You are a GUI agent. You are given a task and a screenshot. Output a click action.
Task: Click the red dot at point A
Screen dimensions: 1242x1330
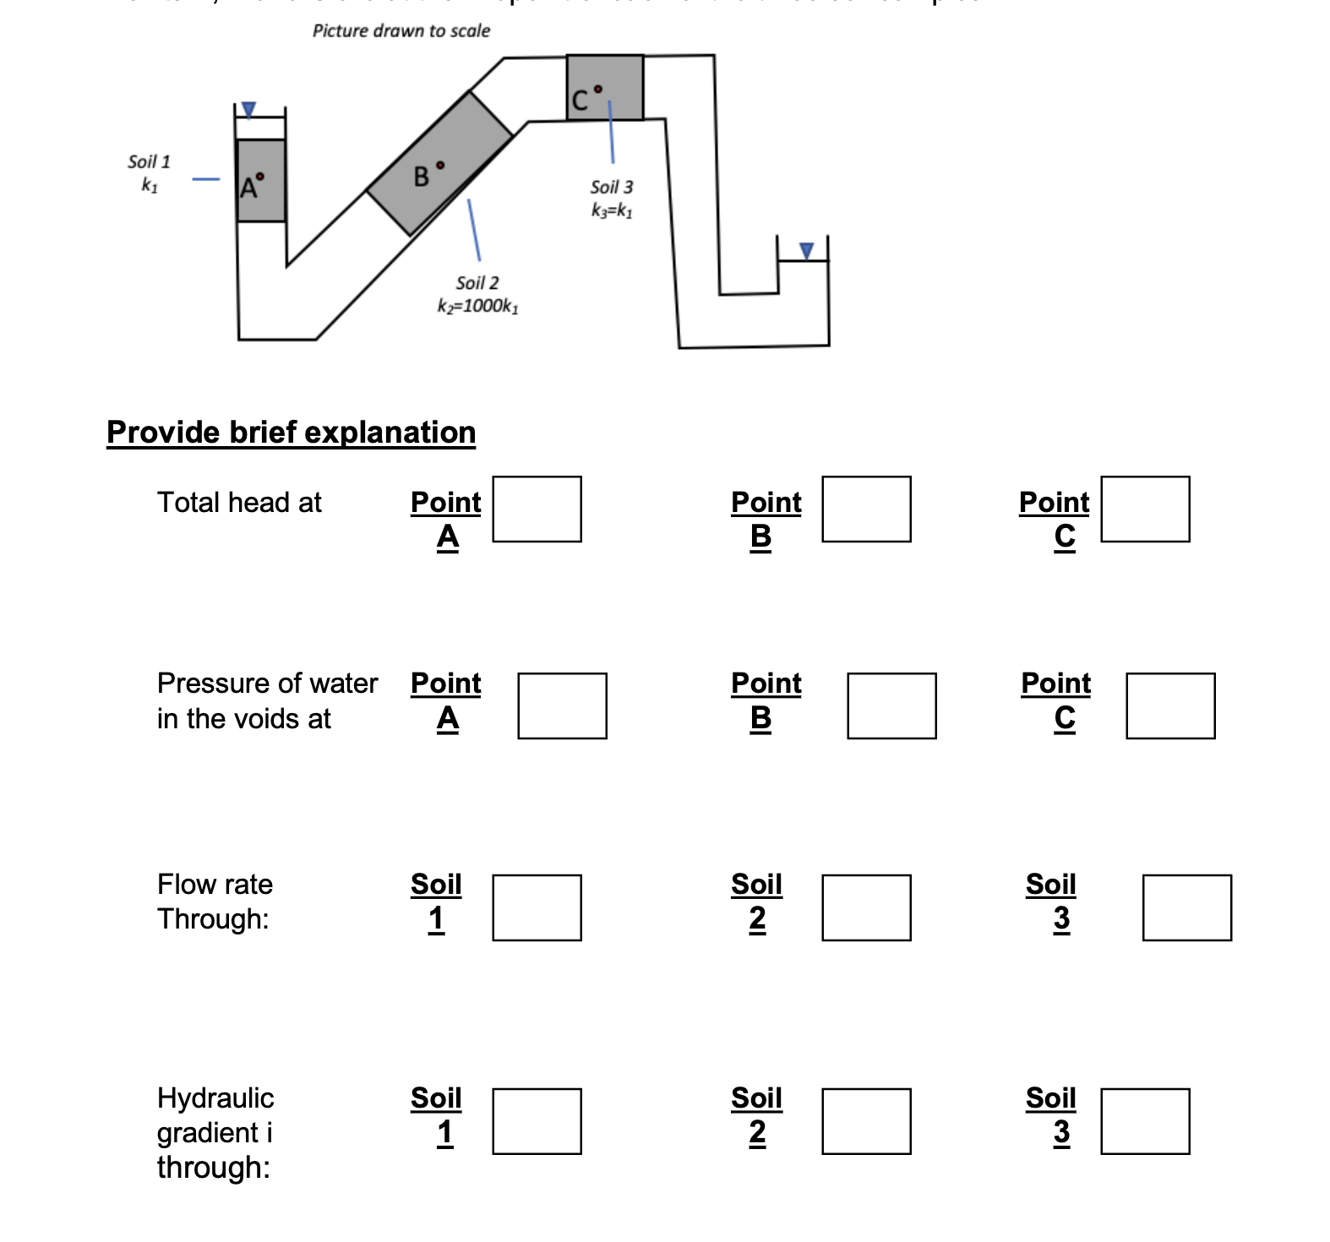pyautogui.click(x=260, y=177)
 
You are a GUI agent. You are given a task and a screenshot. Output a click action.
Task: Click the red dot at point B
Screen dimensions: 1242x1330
pyautogui.click(x=440, y=166)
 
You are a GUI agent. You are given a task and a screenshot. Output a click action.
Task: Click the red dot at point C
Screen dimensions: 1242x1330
pyautogui.click(x=598, y=89)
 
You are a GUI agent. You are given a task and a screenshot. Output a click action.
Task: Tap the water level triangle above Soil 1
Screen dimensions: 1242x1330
pyautogui.click(x=248, y=110)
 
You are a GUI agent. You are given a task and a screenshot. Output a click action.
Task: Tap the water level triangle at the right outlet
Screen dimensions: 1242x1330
pyautogui.click(x=806, y=251)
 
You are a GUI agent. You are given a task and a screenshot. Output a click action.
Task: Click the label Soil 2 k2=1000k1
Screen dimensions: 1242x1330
pyautogui.click(x=477, y=294)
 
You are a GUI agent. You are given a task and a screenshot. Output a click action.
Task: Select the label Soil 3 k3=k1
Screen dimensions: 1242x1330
pyautogui.click(x=612, y=199)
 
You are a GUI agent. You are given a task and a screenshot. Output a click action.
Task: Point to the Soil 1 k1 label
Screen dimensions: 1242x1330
pyautogui.click(x=149, y=172)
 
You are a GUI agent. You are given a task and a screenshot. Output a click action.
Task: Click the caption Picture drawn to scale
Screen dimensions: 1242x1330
pyautogui.click(x=401, y=31)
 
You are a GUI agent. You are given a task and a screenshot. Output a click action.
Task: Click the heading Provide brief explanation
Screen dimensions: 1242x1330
pyautogui.click(x=291, y=432)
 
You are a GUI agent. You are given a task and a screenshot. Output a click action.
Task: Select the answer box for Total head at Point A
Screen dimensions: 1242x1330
pyautogui.click(x=537, y=509)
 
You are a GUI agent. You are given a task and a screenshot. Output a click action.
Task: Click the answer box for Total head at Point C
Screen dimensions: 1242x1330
pyautogui.click(x=1145, y=509)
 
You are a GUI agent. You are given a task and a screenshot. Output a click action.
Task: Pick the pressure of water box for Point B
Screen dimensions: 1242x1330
pyautogui.click(x=891, y=705)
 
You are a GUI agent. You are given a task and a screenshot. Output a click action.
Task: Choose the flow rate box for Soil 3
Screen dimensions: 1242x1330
pyautogui.click(x=1186, y=907)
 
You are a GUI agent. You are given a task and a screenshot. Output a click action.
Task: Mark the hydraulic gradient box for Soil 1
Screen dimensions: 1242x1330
pyautogui.click(x=537, y=1121)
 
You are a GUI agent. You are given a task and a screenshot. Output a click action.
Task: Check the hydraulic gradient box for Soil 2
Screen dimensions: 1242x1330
pyautogui.click(x=866, y=1121)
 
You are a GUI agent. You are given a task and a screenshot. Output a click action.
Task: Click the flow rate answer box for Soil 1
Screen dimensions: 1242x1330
pyautogui.click(x=537, y=907)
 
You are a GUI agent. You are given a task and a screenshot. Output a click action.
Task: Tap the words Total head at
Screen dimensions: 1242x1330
pyautogui.click(x=239, y=503)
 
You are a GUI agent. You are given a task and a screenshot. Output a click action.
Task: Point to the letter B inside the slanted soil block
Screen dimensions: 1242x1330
pyautogui.click(x=421, y=177)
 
